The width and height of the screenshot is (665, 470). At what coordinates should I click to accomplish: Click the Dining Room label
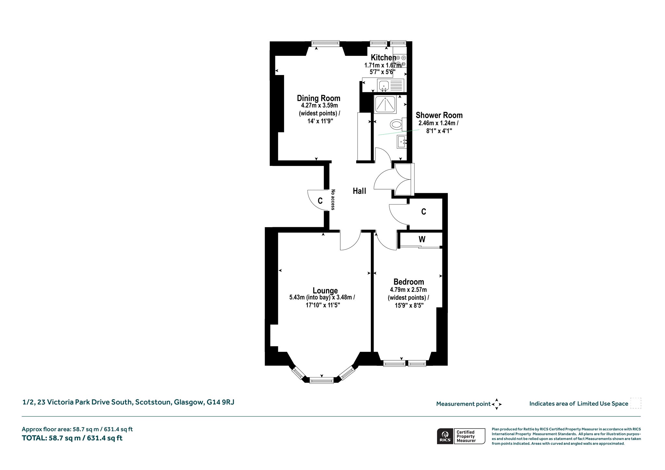tap(319, 98)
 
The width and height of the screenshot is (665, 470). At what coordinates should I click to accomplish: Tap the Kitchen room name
tap(383, 58)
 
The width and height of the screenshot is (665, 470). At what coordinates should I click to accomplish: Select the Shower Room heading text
tap(439, 115)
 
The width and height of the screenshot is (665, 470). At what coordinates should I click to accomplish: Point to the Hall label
tap(359, 191)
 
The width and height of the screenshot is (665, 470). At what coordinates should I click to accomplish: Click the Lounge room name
tap(325, 291)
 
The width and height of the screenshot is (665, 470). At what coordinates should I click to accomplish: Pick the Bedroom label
tap(408, 282)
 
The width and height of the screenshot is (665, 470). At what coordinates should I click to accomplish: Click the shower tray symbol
tap(385, 105)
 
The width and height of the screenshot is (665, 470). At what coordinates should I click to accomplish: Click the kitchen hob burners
tap(401, 61)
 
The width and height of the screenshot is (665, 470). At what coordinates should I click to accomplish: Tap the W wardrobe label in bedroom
tap(422, 240)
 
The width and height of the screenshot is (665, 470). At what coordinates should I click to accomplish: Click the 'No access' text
tap(332, 200)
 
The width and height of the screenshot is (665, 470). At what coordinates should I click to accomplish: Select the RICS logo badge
tap(461, 436)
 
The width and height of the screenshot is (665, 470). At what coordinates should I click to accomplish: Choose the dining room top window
tap(325, 43)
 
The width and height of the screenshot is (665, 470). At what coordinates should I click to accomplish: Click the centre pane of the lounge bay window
tap(321, 380)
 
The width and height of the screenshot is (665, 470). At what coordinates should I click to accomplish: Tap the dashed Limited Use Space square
tap(636, 403)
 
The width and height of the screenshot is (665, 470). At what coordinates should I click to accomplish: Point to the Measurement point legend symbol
tap(496, 404)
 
